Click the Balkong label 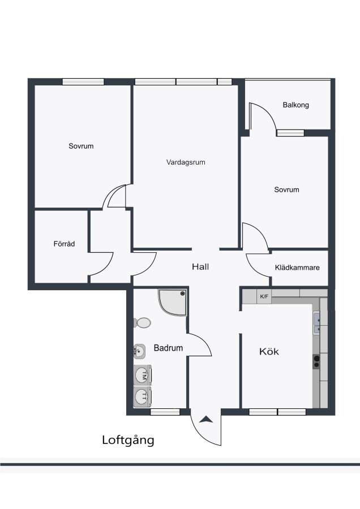pos(295,105)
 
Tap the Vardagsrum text pos(186,162)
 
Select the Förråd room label pos(65,243)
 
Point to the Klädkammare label pos(297,268)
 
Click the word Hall pos(200,267)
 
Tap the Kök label pos(269,351)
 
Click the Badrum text pos(168,348)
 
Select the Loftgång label pos(128,441)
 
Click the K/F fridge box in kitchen pos(264,296)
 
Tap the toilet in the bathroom pos(142,323)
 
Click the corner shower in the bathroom pos(173,302)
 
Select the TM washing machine pos(143,376)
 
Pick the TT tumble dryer pos(143,396)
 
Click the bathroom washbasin pos(139,351)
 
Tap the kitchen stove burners pos(316,361)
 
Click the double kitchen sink pos(316,323)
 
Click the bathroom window pos(165,412)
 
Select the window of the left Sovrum pos(83,82)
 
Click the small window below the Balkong pos(290,133)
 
